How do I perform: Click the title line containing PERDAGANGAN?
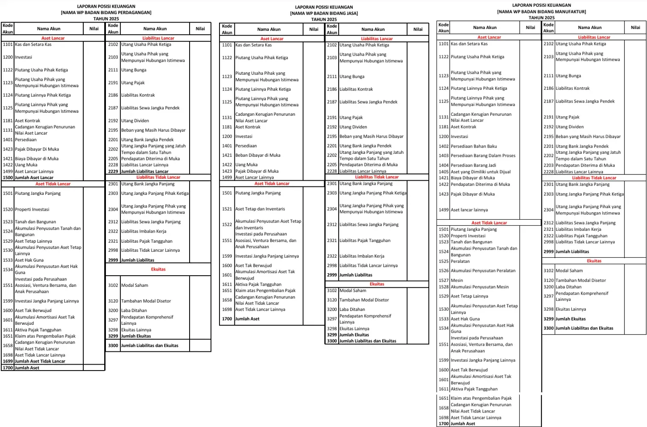(x=106, y=12)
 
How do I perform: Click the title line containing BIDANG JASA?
(x=324, y=13)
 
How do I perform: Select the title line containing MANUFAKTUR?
(x=541, y=12)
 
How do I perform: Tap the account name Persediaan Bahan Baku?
(x=474, y=146)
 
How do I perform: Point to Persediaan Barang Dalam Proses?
(x=483, y=156)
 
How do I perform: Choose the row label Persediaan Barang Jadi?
(x=473, y=165)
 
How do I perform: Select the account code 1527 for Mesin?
(x=443, y=280)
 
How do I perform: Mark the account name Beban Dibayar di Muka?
(x=258, y=155)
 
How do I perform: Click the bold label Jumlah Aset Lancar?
(x=34, y=178)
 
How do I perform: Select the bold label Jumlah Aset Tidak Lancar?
(x=40, y=361)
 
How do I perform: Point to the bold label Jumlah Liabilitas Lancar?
(x=144, y=171)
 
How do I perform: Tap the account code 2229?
(x=113, y=171)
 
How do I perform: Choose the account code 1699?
(x=8, y=361)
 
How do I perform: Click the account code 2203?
(x=548, y=165)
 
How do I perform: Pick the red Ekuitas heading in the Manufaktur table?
(x=594, y=261)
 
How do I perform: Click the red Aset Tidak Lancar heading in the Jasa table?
(x=272, y=184)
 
